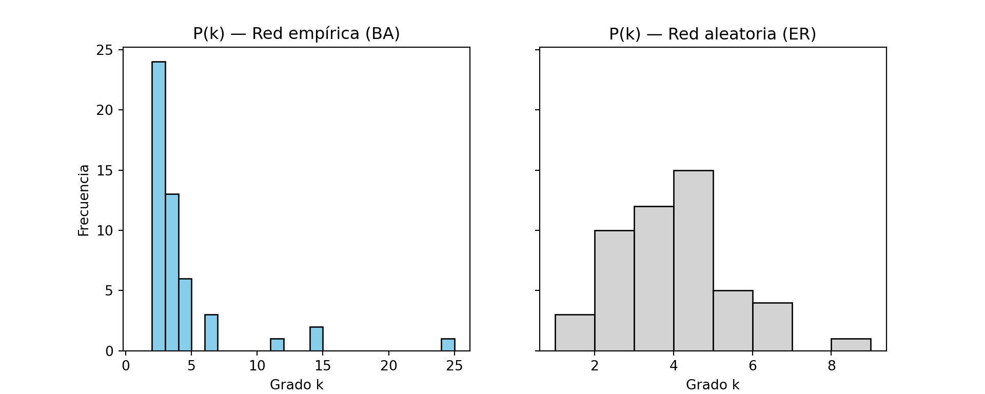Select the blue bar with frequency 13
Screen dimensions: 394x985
point(172,272)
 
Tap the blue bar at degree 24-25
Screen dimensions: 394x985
point(448,345)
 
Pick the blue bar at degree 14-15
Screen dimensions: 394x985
point(317,339)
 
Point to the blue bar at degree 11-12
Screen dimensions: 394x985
point(277,345)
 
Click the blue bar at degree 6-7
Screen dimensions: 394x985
point(211,333)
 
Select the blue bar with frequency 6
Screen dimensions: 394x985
point(185,315)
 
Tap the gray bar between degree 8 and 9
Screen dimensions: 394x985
point(851,345)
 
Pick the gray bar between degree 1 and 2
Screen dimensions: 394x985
point(575,333)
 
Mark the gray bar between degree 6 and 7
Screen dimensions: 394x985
point(772,327)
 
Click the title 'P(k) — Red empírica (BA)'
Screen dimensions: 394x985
point(297,34)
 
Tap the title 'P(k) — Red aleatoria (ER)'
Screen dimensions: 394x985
point(713,34)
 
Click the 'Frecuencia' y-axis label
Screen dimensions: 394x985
point(84,200)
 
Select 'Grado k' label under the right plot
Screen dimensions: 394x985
point(713,385)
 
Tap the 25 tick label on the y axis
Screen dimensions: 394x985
point(105,50)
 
